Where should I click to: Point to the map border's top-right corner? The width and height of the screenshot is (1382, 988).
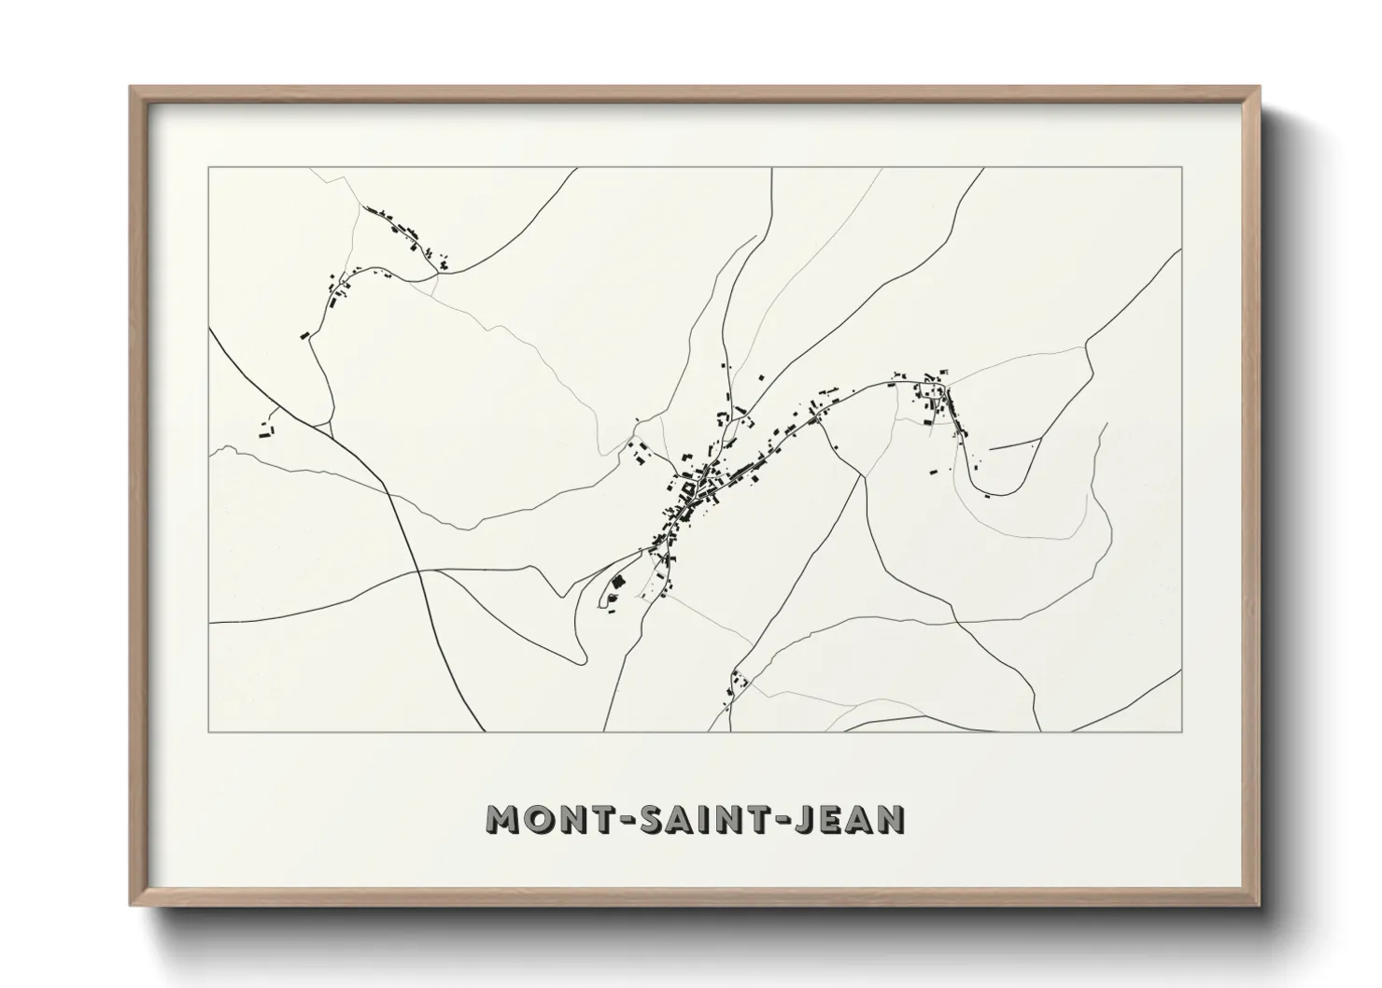click(x=1182, y=168)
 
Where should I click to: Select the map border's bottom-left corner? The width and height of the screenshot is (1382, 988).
click(x=209, y=731)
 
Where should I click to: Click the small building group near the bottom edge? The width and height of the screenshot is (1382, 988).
click(x=738, y=686)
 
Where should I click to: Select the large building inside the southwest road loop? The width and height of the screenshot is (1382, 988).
click(x=616, y=584)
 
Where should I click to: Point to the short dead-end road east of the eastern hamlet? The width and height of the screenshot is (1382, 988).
click(x=1015, y=444)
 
